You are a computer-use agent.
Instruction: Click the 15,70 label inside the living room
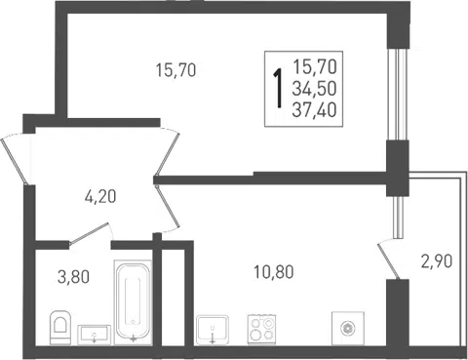coord(175,70)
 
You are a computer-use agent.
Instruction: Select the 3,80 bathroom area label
coord(73,277)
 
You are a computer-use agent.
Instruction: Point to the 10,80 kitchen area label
coord(274,272)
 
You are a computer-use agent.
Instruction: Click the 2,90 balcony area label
coord(436,261)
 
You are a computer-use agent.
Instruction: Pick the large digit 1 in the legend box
coord(279,88)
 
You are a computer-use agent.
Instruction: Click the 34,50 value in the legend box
coord(314,89)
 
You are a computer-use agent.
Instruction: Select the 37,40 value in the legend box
coord(314,110)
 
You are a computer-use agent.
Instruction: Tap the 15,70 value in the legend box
coord(315,67)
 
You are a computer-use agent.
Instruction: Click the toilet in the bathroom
coord(60,327)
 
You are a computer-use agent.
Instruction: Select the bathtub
coord(134,302)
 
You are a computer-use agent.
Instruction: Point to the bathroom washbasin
coord(95,335)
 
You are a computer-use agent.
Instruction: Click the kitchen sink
coord(213,329)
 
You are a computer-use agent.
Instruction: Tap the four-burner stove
coord(261,329)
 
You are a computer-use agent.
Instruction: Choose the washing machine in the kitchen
coord(347,329)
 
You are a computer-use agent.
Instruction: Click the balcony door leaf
coord(388,261)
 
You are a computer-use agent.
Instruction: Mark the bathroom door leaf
coord(89,233)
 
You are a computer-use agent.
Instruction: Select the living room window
coord(398,95)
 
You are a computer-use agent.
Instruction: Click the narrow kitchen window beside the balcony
coord(398,218)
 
